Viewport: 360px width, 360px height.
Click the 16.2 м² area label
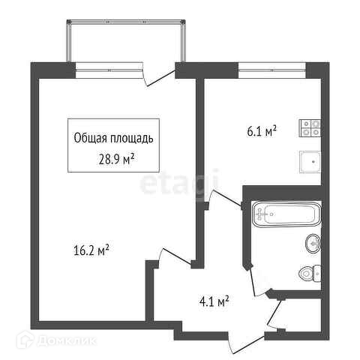click(91, 250)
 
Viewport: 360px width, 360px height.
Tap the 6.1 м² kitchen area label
click(262, 131)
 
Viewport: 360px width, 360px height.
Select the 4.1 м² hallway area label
click(214, 301)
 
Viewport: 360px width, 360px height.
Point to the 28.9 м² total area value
click(117, 159)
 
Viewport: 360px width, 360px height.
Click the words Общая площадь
click(113, 138)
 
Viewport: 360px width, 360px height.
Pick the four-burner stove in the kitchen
click(310, 128)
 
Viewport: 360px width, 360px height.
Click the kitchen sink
click(310, 162)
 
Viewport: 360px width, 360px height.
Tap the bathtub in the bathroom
click(286, 214)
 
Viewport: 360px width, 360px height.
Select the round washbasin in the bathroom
click(313, 244)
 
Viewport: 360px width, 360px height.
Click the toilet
click(310, 274)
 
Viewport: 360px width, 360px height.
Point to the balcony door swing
click(157, 75)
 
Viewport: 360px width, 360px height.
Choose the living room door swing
click(175, 256)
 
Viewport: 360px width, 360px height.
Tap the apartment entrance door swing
click(245, 343)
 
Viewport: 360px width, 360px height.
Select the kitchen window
click(272, 70)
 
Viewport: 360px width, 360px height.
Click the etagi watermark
click(179, 184)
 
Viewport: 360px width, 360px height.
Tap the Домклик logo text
click(67, 340)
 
